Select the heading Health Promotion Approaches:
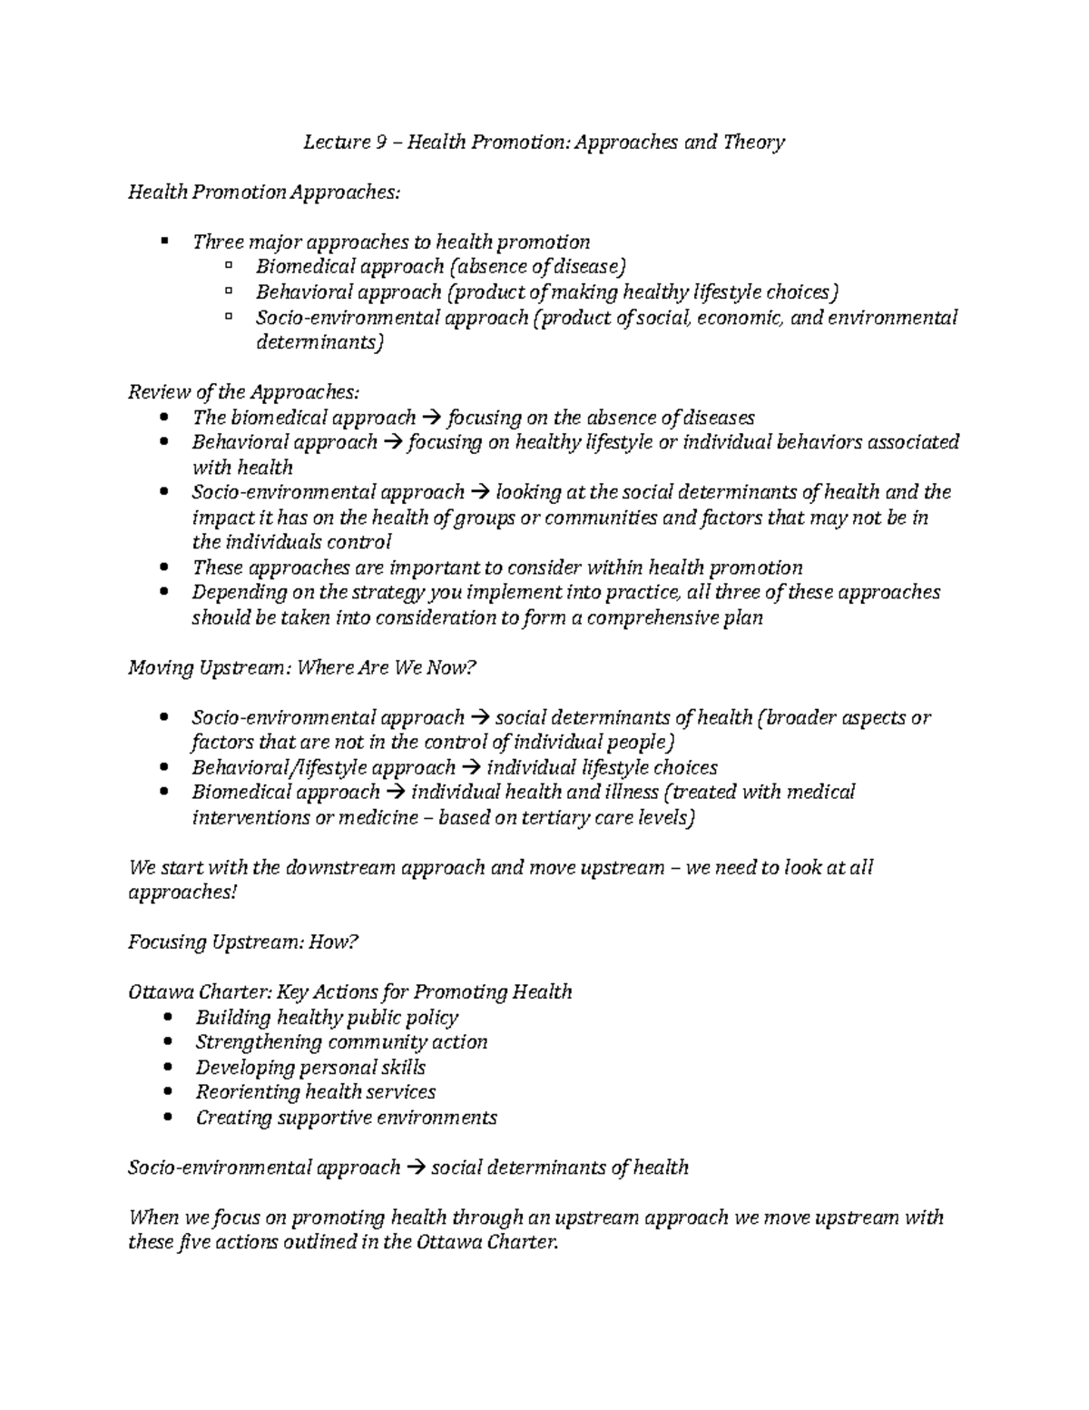coord(263,192)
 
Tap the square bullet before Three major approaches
coord(163,242)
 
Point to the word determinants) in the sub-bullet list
coord(319,343)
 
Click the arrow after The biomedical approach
coord(432,419)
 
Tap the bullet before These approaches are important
coord(163,568)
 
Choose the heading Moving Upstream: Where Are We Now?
coord(301,668)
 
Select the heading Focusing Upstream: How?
coord(243,942)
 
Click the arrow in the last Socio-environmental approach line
coord(416,1168)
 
